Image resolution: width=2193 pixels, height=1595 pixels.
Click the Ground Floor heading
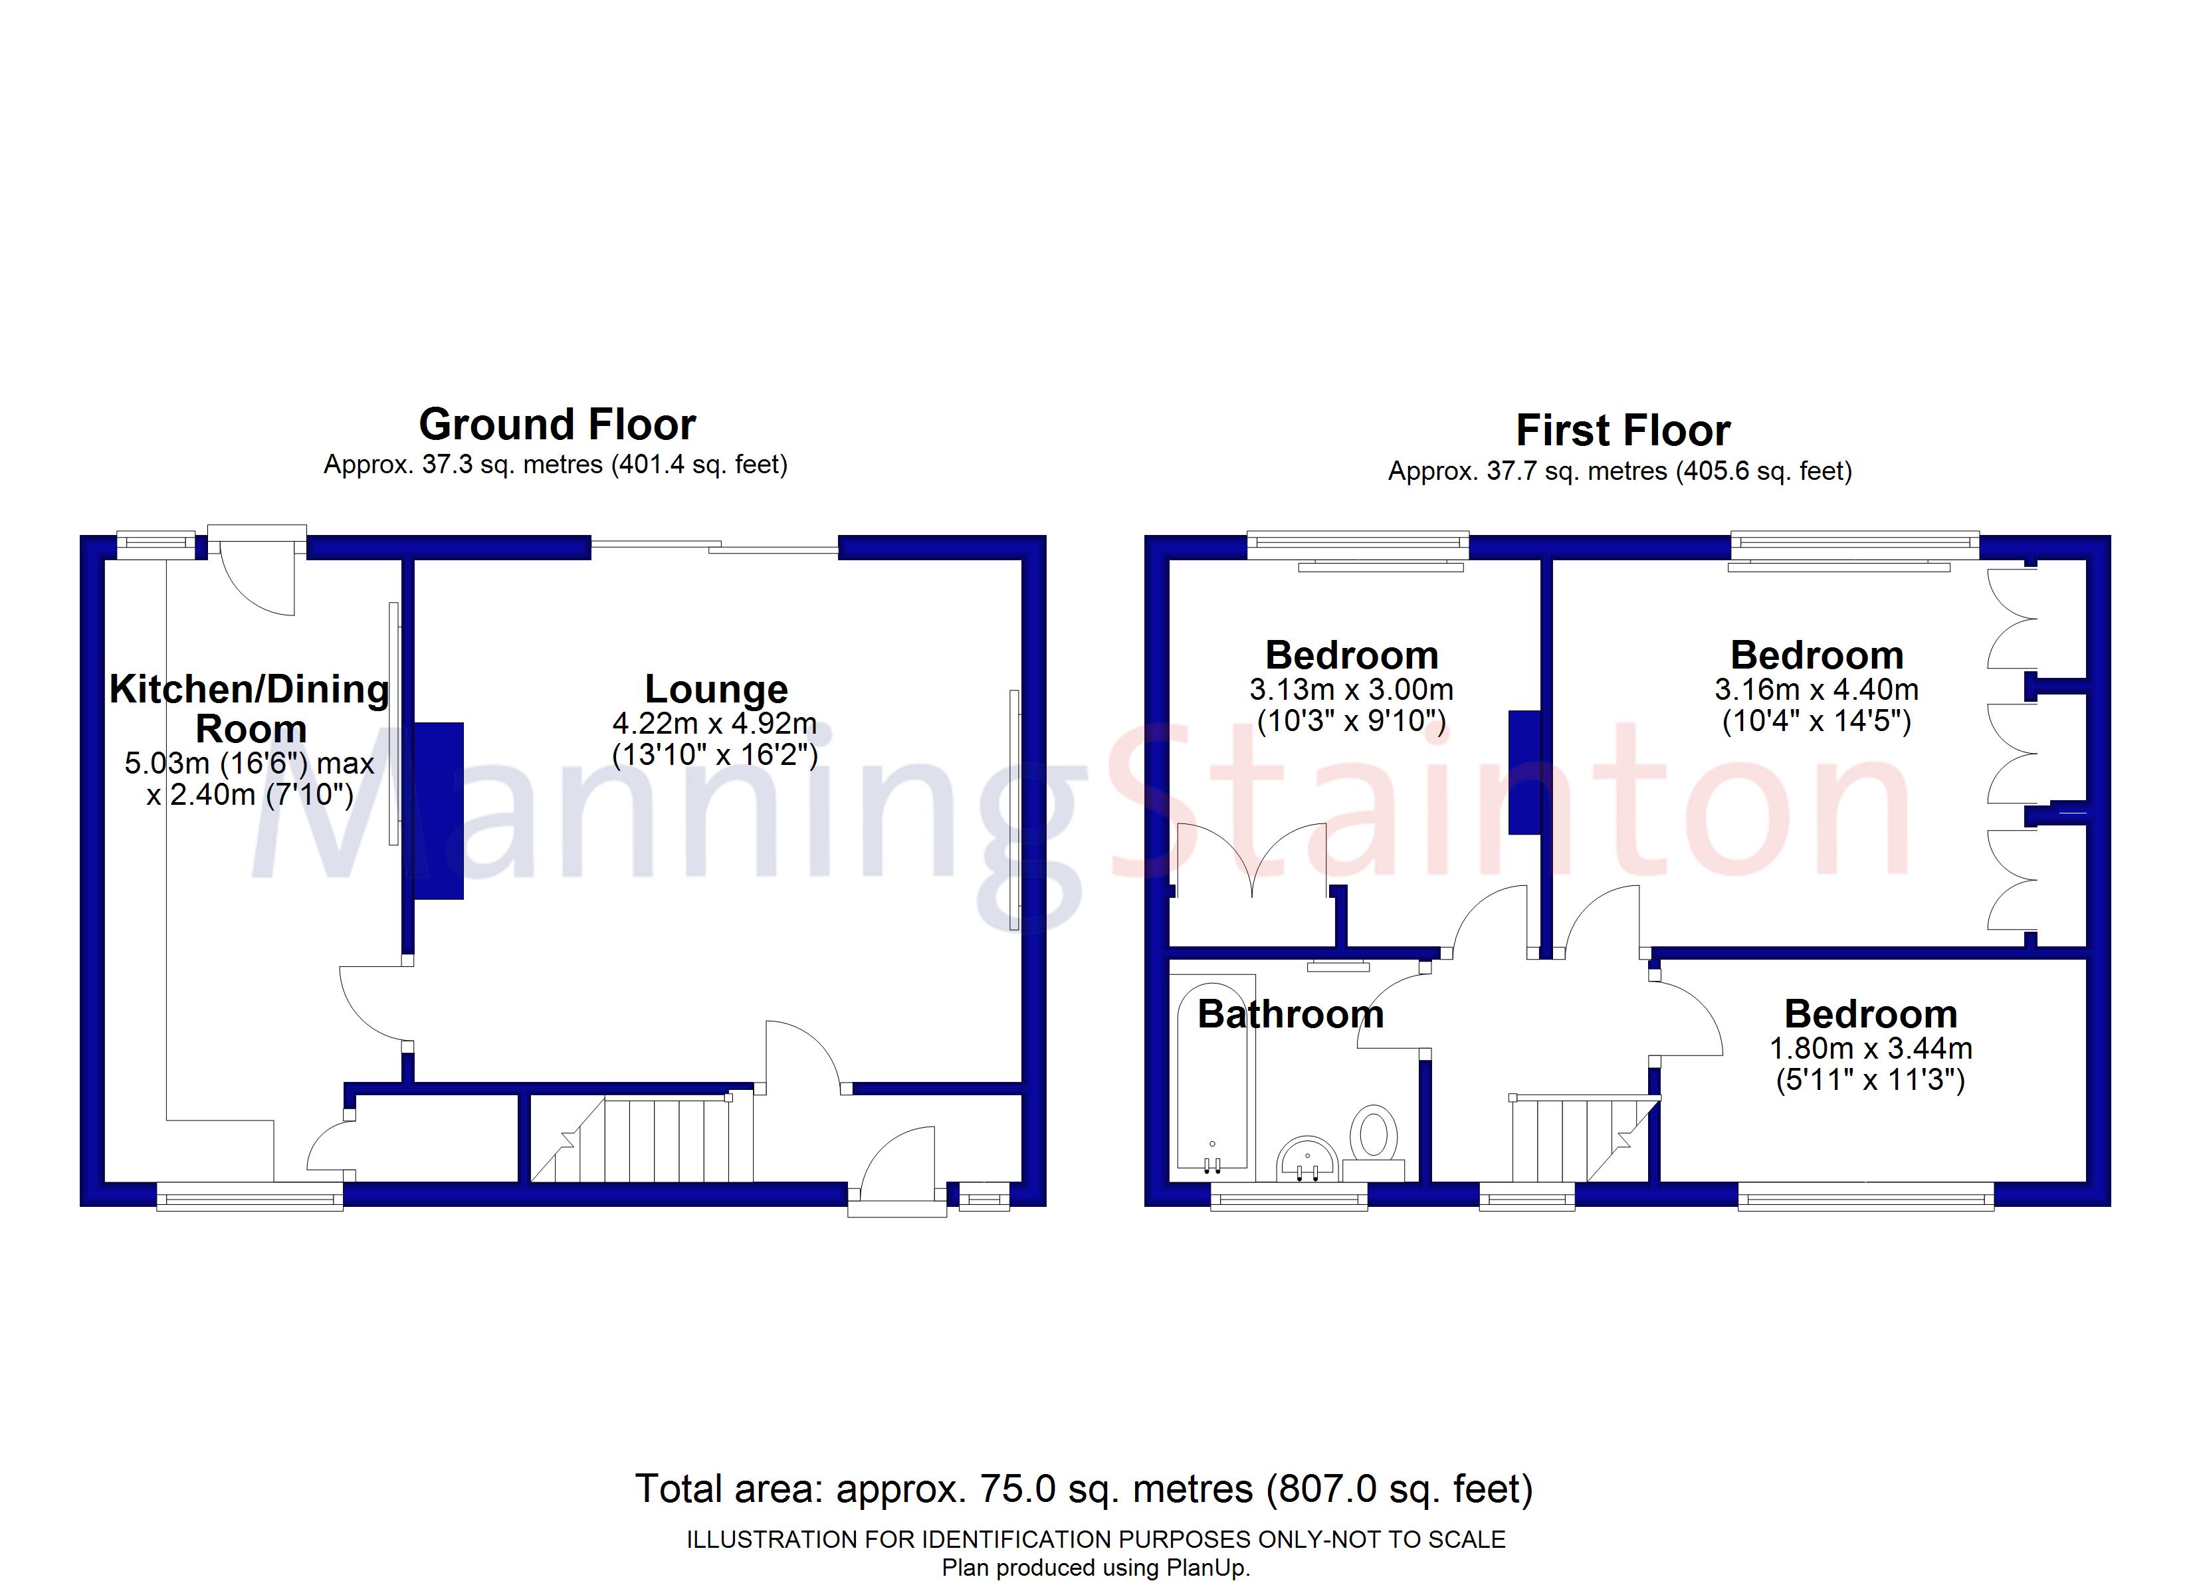click(x=557, y=425)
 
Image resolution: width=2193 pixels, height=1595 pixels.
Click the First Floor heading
click(x=1623, y=431)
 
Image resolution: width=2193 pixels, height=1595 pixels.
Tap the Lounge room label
click(x=716, y=689)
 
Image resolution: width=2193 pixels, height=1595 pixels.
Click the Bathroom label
click(x=1290, y=1013)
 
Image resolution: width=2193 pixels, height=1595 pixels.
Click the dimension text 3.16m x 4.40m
click(x=1816, y=690)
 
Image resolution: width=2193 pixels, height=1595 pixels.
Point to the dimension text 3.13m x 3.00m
click(x=1351, y=690)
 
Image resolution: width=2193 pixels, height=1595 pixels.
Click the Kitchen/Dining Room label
click(x=249, y=708)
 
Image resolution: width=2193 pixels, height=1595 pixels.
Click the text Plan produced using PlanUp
click(x=1096, y=1568)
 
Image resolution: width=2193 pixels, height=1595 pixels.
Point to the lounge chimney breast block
click(x=439, y=811)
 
